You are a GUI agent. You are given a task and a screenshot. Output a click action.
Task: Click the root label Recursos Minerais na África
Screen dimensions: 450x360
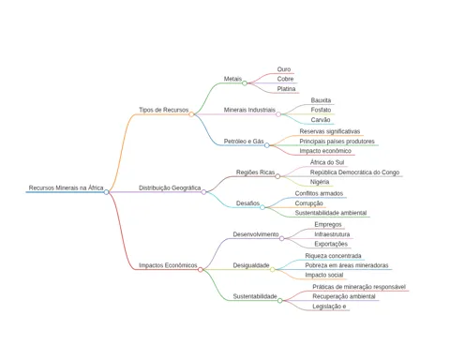(x=66, y=187)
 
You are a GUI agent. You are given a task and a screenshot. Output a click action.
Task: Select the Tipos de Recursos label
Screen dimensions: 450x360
(x=164, y=110)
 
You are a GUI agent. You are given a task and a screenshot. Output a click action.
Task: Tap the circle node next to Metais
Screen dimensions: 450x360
(x=245, y=83)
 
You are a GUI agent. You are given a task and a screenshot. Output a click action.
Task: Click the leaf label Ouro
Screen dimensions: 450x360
(x=284, y=69)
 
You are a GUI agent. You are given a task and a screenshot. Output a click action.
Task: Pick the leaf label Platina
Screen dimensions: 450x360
(x=286, y=89)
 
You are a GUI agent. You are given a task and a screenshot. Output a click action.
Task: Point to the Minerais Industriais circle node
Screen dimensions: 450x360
(x=278, y=114)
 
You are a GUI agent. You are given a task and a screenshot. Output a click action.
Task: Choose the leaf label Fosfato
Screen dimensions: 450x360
(x=321, y=110)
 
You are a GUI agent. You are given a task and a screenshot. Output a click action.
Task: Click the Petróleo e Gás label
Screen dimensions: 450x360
(x=244, y=142)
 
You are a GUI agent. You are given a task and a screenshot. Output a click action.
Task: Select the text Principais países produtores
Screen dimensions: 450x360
(x=337, y=142)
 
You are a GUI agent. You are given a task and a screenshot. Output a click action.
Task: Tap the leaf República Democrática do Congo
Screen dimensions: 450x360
(x=354, y=172)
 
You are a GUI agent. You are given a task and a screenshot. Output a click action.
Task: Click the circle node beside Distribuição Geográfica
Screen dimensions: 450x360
(x=203, y=192)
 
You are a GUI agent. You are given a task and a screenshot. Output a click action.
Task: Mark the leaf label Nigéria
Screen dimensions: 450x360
(x=320, y=182)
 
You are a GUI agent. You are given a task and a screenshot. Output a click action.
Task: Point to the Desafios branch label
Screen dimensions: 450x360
(x=247, y=203)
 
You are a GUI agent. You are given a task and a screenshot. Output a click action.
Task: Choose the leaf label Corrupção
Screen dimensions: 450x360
(x=309, y=203)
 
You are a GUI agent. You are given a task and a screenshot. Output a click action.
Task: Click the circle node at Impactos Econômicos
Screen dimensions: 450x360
(x=201, y=269)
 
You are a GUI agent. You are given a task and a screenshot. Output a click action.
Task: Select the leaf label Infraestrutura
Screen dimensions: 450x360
(x=332, y=234)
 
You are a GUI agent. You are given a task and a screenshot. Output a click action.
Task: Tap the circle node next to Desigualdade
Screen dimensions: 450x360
(x=273, y=269)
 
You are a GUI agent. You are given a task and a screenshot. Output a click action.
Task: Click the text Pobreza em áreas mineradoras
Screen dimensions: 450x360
(x=347, y=265)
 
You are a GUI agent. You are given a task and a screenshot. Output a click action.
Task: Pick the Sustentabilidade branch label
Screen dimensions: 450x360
(x=255, y=296)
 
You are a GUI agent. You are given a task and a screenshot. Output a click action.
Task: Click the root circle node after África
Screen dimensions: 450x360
(x=106, y=192)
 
